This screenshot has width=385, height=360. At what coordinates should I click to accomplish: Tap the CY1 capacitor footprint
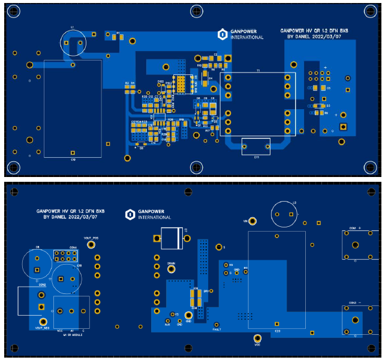pos(256,146)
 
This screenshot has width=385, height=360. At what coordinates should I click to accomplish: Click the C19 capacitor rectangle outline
pos(73,109)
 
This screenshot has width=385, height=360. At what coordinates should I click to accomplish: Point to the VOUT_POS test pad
pos(91,245)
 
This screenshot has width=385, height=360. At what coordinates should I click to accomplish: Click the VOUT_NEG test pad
pos(41,321)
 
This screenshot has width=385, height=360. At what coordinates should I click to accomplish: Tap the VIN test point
pos(253,221)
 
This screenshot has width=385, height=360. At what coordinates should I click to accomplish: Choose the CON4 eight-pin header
pos(66,257)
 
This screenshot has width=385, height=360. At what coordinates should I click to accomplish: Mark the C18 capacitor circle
pos(66,278)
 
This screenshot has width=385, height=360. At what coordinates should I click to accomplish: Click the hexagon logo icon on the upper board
pos(222,34)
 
